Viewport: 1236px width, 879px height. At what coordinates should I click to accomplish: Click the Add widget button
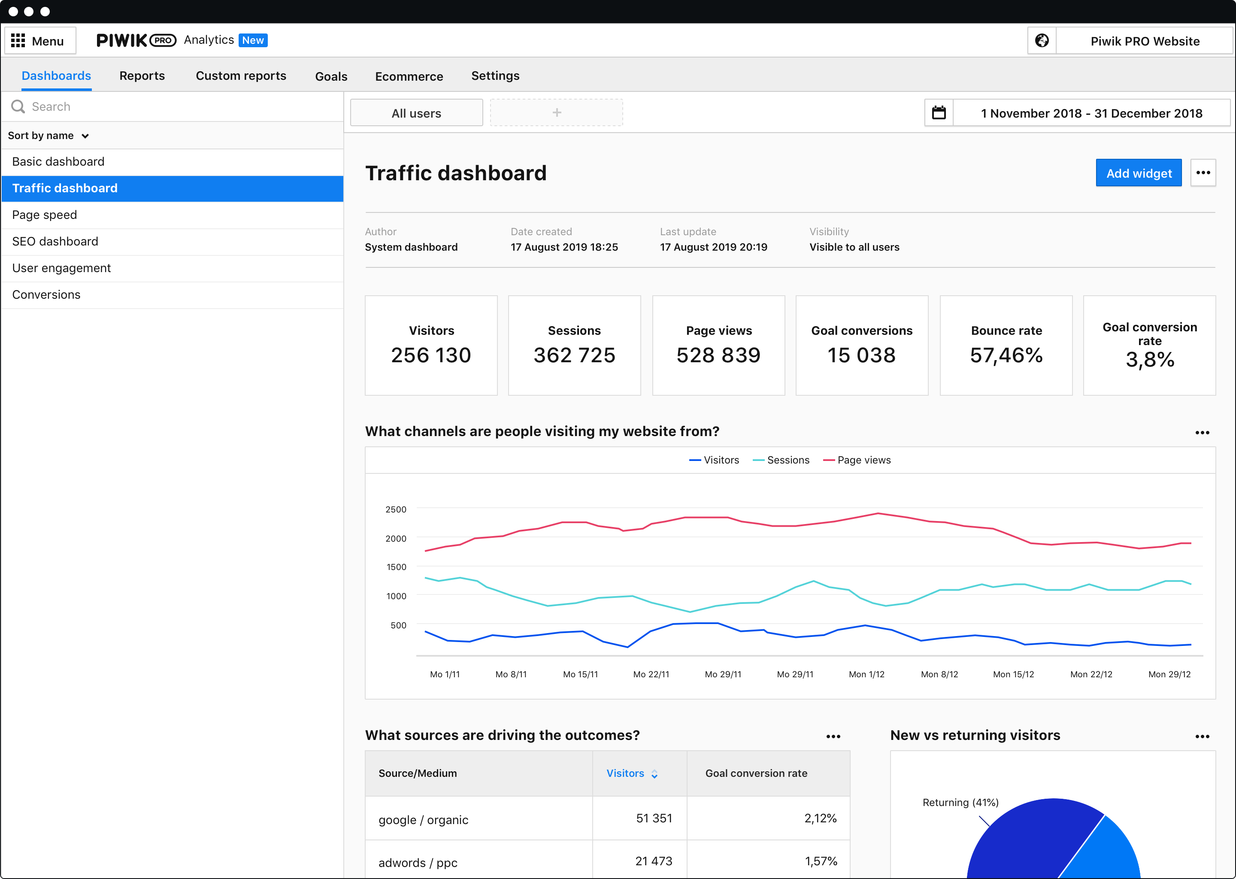pyautogui.click(x=1138, y=173)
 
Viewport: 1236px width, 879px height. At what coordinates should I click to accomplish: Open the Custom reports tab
pyautogui.click(x=241, y=76)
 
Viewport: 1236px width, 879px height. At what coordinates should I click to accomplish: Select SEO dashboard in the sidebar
pyautogui.click(x=55, y=241)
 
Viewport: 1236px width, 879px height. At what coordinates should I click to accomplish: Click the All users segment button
pyautogui.click(x=416, y=113)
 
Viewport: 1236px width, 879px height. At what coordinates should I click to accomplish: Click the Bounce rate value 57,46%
pyautogui.click(x=1006, y=355)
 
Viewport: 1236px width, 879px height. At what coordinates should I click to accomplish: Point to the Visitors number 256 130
pyautogui.click(x=431, y=355)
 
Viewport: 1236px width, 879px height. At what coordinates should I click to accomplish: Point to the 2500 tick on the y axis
pyautogui.click(x=396, y=509)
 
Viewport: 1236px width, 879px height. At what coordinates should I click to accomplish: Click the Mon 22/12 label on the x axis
pyautogui.click(x=1091, y=674)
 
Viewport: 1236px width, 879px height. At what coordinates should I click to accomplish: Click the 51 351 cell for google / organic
pyautogui.click(x=654, y=818)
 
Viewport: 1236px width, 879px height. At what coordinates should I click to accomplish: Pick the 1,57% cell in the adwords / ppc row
pyautogui.click(x=821, y=861)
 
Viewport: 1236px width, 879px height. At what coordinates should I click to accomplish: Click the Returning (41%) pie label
pyautogui.click(x=960, y=802)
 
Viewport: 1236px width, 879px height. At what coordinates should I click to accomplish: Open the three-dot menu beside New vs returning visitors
pyautogui.click(x=1202, y=737)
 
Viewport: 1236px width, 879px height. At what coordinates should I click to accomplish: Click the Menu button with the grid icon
pyautogui.click(x=39, y=41)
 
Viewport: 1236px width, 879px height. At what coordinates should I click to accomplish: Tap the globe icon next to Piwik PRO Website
pyautogui.click(x=1041, y=41)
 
